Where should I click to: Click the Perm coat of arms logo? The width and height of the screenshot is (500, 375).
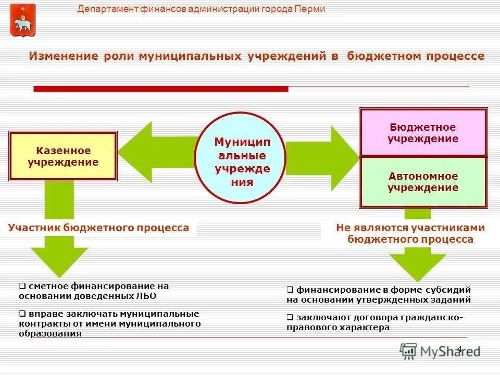click(x=23, y=20)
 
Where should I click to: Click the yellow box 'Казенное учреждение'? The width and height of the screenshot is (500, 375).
click(x=63, y=156)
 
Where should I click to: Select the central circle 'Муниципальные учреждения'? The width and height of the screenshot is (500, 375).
click(x=241, y=158)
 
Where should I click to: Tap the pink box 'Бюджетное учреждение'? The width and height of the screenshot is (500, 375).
click(x=423, y=133)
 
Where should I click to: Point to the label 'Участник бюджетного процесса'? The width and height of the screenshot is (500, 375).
click(x=99, y=228)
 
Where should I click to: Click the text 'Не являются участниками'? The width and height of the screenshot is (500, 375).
click(x=410, y=228)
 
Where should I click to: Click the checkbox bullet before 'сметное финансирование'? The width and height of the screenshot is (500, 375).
click(x=22, y=286)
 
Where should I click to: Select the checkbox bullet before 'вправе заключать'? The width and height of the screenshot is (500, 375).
click(x=22, y=314)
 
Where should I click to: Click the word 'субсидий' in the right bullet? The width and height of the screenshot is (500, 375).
click(x=451, y=290)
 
